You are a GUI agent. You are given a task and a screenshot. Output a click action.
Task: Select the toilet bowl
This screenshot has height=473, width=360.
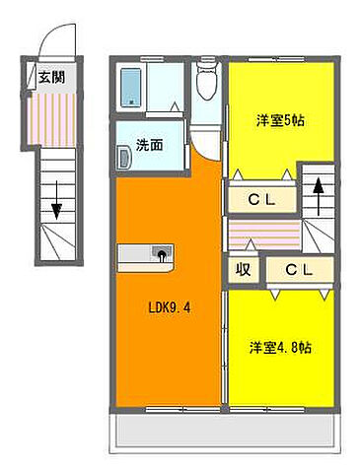pyautogui.click(x=204, y=87)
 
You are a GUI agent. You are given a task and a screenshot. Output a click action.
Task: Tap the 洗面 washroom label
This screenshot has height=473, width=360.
pyautogui.click(x=149, y=144)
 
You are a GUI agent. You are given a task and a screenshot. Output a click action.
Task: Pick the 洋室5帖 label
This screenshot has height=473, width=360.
pyautogui.click(x=279, y=120)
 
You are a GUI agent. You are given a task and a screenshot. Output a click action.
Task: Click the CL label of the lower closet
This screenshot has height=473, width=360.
pyautogui.click(x=300, y=269)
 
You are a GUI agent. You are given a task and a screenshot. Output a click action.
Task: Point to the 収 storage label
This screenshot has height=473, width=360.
pyautogui.click(x=241, y=269)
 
